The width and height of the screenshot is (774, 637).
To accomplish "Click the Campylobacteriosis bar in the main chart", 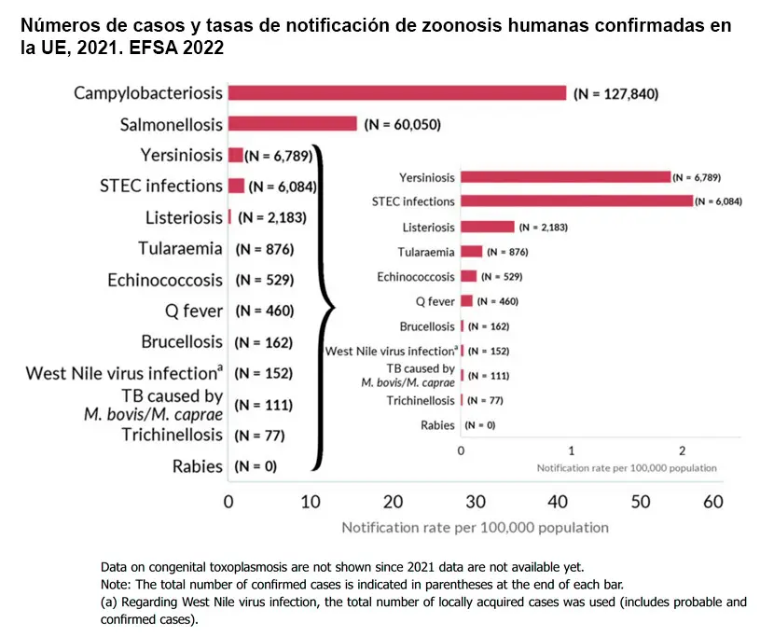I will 396,92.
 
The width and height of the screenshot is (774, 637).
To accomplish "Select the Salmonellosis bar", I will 292,123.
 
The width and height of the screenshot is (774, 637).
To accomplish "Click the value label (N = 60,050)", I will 402,124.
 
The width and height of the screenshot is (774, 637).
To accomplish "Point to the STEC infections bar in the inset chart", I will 576,201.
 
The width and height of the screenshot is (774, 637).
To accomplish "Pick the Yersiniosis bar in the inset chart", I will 565,176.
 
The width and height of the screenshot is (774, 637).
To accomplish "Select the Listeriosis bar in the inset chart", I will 487,227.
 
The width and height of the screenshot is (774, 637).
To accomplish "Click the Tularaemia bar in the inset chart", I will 471,252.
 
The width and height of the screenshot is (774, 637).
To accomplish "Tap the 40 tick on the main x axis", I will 558,501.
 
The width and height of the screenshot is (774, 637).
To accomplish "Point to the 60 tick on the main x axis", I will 712,501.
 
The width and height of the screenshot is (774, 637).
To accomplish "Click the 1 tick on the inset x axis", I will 572,450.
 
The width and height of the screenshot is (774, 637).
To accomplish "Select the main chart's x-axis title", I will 475,528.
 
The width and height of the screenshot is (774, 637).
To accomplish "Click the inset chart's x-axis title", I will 627,467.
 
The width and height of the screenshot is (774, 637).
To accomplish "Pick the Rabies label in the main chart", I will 198,466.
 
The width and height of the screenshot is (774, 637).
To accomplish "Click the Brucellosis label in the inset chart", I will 427,326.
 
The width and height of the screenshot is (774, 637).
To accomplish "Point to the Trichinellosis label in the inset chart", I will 421,400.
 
